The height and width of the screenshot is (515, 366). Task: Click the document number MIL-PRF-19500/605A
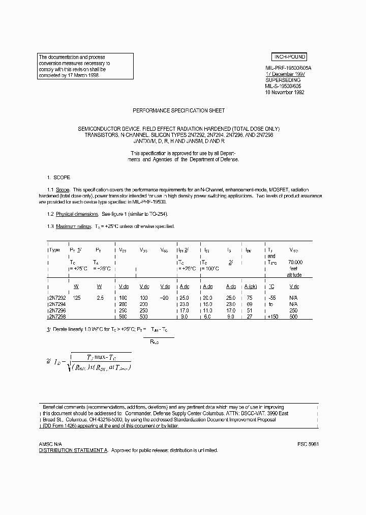click(289, 67)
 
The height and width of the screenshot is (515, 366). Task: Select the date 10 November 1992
click(285, 93)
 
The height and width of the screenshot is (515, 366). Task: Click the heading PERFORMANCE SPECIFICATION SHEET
click(178, 110)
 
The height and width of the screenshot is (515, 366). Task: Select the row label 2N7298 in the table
click(56, 316)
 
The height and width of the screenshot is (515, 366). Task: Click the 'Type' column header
click(54, 250)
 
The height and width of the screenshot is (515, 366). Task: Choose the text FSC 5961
click(308, 444)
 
